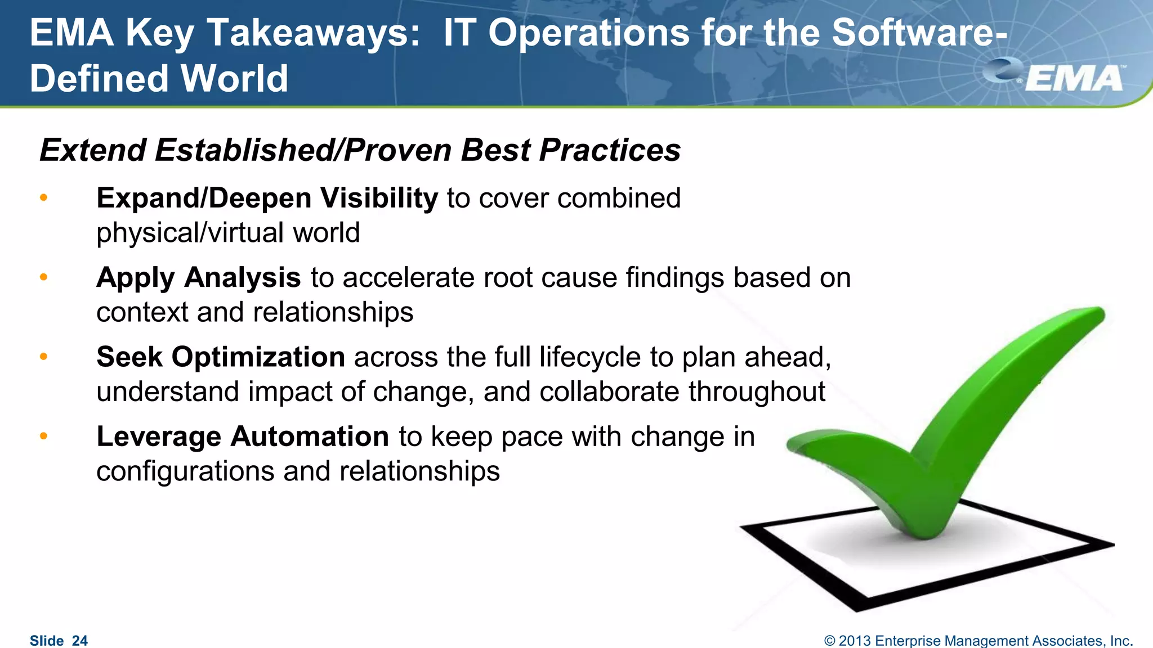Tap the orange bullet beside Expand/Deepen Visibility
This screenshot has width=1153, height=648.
tap(44, 198)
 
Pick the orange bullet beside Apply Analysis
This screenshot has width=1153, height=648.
tap(44, 277)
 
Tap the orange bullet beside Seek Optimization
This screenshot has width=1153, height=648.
tap(44, 357)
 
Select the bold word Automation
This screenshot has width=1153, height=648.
tap(309, 436)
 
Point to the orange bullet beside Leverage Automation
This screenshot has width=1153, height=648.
tap(44, 436)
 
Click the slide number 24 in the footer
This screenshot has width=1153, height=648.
tap(80, 641)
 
